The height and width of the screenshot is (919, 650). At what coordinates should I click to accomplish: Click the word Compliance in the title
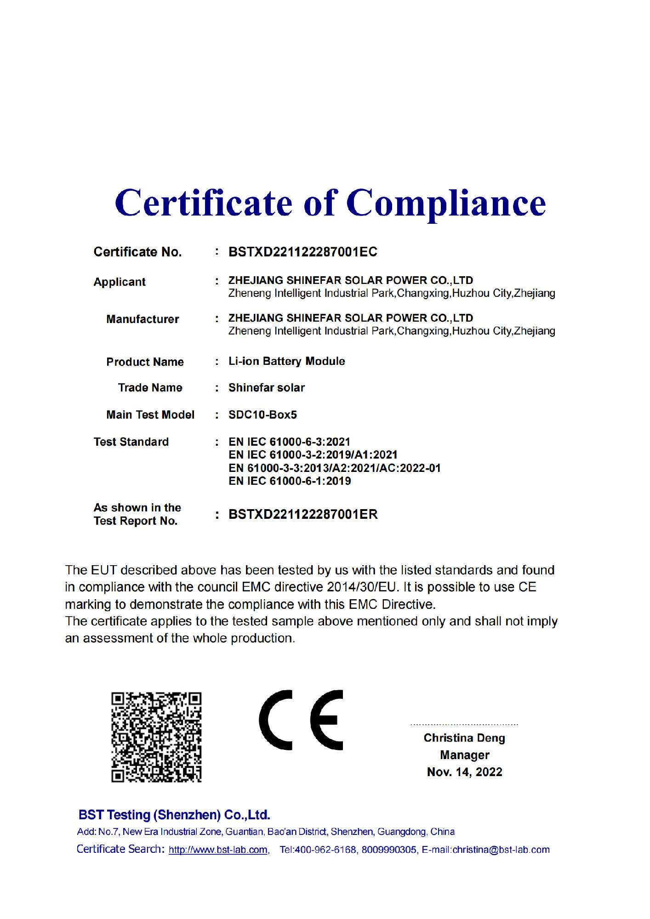445,203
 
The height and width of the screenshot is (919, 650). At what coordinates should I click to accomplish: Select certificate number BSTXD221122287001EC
302,252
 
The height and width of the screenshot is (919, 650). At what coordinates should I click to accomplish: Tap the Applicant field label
120,282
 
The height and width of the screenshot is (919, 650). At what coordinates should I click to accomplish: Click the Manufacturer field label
143,319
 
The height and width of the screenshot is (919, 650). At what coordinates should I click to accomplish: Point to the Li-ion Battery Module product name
286,361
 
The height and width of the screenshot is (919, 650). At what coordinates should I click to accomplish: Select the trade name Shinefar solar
267,388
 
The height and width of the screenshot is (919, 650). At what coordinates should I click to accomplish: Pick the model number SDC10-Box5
262,414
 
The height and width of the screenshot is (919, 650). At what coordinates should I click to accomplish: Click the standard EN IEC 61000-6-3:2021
289,442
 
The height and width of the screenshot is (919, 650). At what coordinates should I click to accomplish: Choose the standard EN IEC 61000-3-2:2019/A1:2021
313,454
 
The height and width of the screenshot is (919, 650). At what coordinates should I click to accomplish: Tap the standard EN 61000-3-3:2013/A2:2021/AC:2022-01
334,468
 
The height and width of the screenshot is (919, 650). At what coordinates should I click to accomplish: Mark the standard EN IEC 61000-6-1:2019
290,481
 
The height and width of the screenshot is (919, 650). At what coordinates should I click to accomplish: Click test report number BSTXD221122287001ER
303,514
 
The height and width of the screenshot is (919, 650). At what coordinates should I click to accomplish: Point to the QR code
156,737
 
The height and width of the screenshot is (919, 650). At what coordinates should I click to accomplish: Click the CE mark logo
301,720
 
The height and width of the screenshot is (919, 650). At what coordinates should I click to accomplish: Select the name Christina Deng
464,738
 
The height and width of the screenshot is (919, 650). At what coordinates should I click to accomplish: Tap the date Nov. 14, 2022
464,772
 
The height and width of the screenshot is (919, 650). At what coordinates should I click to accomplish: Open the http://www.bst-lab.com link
218,850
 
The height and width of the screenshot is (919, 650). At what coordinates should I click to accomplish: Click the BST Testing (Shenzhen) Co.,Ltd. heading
174,815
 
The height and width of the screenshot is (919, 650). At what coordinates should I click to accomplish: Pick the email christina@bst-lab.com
501,850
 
